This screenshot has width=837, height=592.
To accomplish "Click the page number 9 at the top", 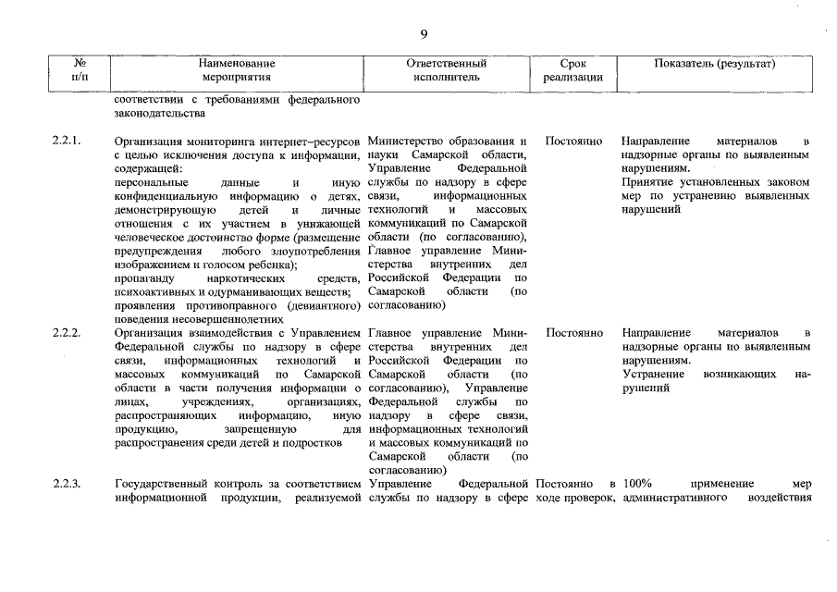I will pos(424,34).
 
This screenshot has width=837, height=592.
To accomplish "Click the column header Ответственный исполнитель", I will pos(448,70).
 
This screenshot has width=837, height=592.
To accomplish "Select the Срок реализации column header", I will pos(573,70).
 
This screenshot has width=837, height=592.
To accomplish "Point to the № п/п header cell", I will pos(80,70).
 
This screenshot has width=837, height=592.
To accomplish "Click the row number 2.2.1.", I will pos(68,142).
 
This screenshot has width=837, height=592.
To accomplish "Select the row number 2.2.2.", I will pos(68,332).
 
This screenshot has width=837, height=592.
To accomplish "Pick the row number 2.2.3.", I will pos(68,484).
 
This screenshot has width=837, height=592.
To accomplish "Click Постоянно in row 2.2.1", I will pos(574,142).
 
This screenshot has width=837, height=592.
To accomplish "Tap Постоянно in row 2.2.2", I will pos(574,332).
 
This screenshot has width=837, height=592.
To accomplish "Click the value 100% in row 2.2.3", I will pos(638,484).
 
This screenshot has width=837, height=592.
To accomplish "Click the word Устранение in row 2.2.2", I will pos(654,374).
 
